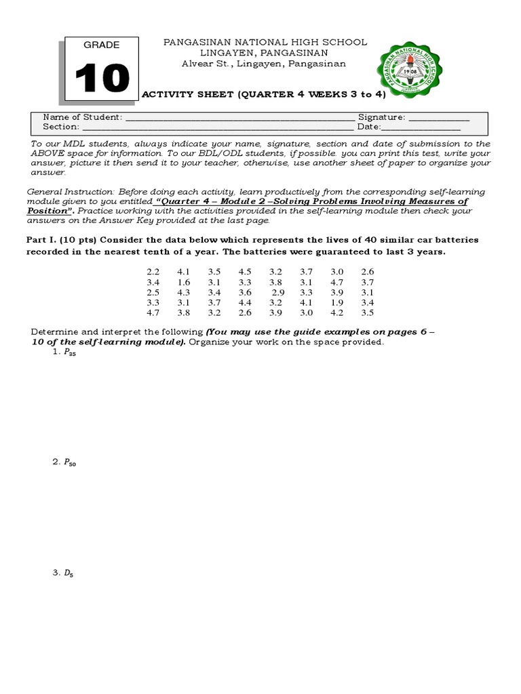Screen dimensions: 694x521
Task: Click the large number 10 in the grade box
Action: (102, 78)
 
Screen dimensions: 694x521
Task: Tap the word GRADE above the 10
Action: (102, 45)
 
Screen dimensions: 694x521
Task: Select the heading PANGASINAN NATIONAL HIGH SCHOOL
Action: (266, 42)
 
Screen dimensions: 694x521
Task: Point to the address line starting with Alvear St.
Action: (265, 64)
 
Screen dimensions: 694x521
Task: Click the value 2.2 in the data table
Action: (153, 272)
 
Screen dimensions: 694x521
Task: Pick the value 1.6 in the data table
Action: (184, 282)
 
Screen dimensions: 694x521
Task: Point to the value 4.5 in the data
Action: (245, 272)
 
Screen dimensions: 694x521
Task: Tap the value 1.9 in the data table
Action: (336, 302)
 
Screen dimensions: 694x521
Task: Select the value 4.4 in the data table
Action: (245, 302)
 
